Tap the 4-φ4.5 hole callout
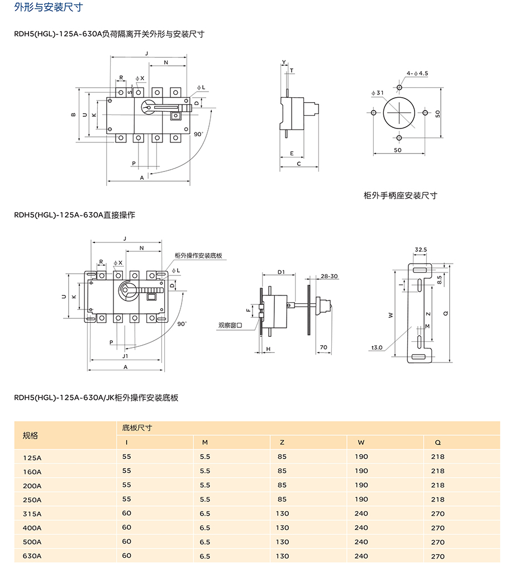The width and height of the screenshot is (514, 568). coord(417,73)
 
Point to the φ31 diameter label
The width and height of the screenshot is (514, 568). coord(378,93)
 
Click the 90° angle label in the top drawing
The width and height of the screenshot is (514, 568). coord(198,134)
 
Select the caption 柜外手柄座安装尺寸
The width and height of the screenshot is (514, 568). coord(400,195)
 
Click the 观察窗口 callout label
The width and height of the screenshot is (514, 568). coord(230,324)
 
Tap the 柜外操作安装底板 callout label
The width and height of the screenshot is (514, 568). coord(199,255)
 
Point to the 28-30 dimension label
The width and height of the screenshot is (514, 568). coord(329,276)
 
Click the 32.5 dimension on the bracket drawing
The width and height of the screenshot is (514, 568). coord(421,250)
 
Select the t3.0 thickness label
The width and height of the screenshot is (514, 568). coord(377,347)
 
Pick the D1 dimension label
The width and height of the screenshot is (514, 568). coord(282,273)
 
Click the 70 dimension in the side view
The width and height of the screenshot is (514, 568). coord(323,347)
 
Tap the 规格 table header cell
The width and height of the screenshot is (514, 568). coord(30,435)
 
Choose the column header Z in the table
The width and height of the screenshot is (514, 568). coord(282,442)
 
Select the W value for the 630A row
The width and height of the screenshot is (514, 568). coord(361,556)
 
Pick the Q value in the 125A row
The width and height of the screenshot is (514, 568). coord(438,457)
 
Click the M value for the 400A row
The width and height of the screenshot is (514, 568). coord(205,528)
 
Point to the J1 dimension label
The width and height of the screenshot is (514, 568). coord(125,355)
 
